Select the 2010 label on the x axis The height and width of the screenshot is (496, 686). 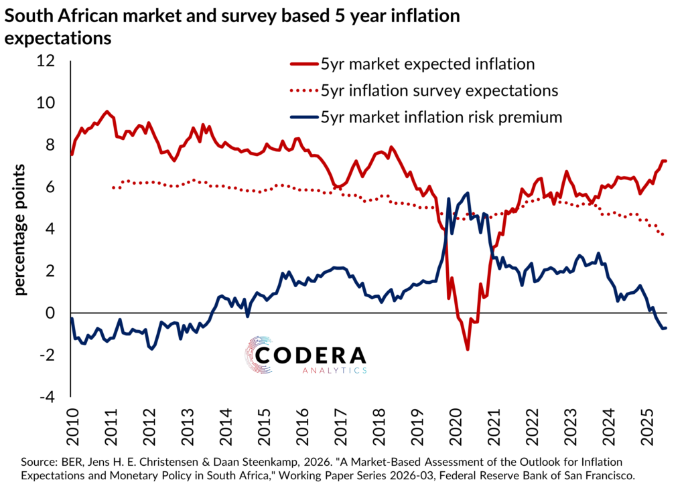pyautogui.click(x=71, y=422)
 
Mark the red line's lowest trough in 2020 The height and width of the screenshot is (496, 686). pyautogui.click(x=468, y=349)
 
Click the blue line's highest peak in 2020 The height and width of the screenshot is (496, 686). pyautogui.click(x=467, y=193)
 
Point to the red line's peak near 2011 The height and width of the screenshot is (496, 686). pyautogui.click(x=107, y=112)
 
